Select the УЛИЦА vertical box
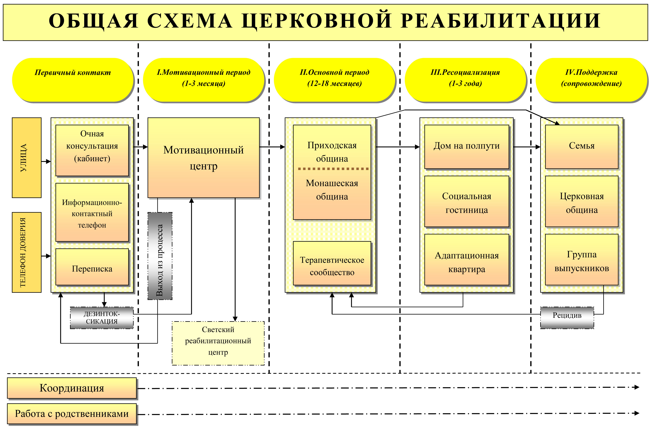click(27, 158)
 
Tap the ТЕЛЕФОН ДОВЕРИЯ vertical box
click(27, 252)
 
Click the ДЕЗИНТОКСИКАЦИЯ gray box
click(102, 318)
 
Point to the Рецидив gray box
click(567, 318)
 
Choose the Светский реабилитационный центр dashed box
click(218, 343)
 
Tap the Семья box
click(582, 147)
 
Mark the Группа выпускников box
click(582, 260)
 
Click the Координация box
click(72, 388)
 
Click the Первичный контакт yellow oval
click(73, 80)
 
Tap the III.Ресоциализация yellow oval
click(465, 80)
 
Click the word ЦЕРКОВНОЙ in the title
click(317, 21)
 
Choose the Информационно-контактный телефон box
click(92, 212)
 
